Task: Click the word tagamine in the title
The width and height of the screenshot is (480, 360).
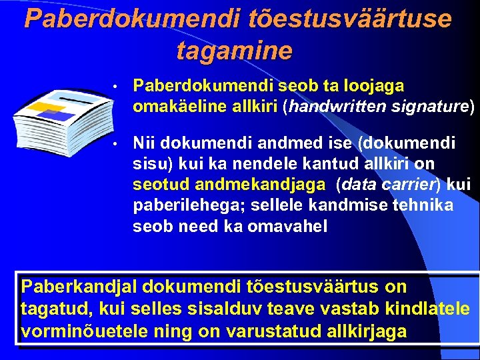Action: click(234, 50)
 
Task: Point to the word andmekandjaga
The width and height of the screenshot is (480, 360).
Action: click(271, 184)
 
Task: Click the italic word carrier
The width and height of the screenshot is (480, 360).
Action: click(395, 184)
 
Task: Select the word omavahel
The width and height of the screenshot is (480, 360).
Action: click(287, 226)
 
